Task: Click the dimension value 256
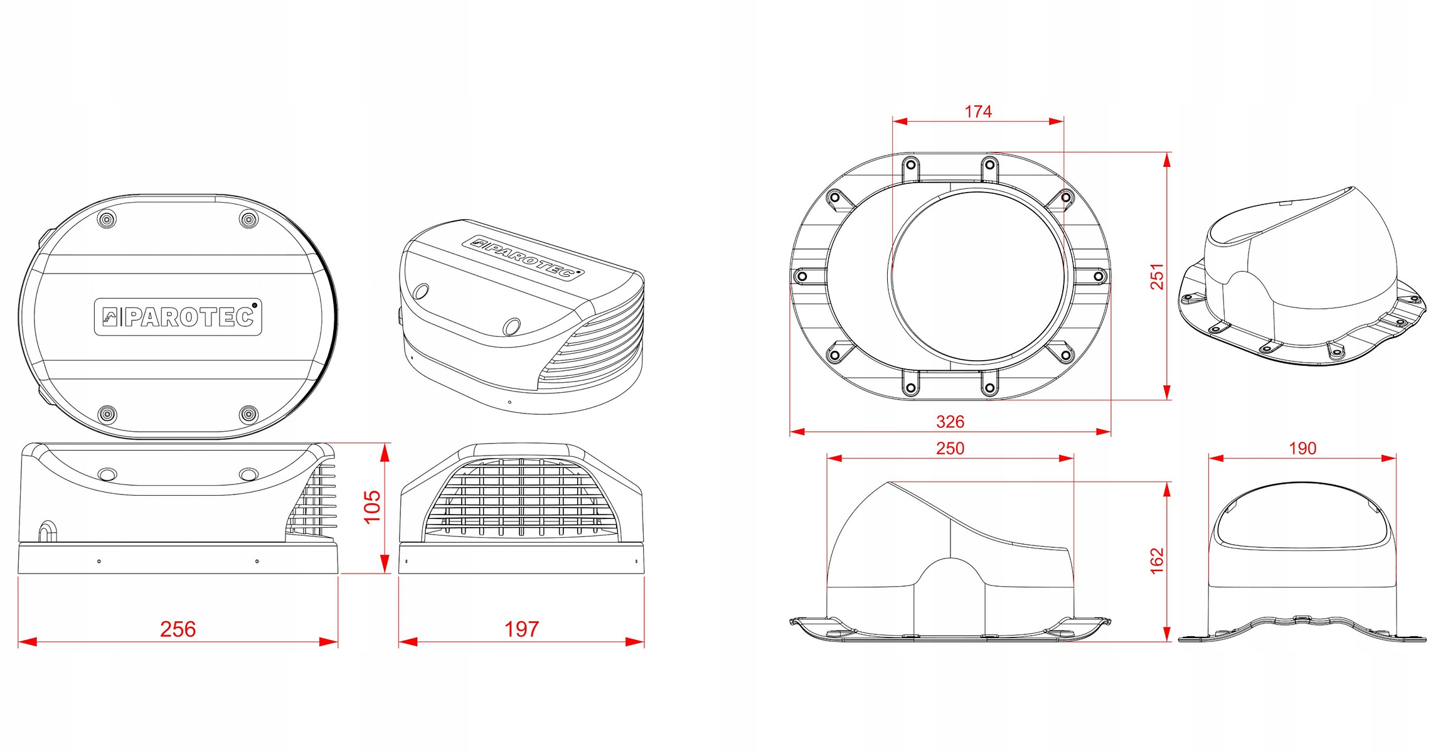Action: click(178, 629)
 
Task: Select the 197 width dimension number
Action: click(521, 629)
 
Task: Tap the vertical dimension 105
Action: click(372, 506)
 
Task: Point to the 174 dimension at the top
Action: click(978, 112)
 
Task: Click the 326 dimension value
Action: click(950, 422)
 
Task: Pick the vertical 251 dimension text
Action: click(1157, 277)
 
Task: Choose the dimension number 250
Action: click(950, 448)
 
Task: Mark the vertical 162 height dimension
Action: click(1157, 560)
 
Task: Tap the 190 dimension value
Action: click(1302, 448)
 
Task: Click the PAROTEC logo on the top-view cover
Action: click(178, 317)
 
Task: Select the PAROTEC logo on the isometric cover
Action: click(523, 257)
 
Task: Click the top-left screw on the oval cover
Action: click(107, 219)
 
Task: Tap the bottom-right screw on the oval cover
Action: click(249, 414)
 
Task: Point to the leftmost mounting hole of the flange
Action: click(802, 276)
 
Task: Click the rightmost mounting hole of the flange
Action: click(1099, 276)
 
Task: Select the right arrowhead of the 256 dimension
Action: click(330, 642)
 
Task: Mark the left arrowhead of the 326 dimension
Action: click(797, 432)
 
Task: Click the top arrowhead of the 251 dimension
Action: click(1167, 160)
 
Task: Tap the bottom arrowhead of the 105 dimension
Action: click(385, 564)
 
